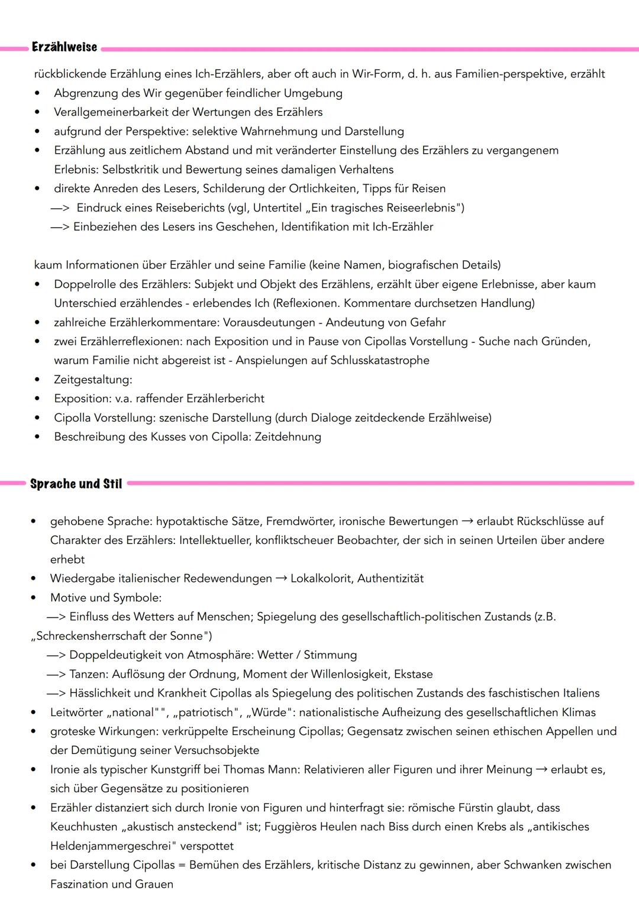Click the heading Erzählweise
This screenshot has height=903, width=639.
(64, 47)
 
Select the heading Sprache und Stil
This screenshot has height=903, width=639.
(76, 484)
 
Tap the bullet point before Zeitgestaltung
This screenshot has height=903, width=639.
(38, 380)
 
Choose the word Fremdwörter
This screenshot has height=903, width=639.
(301, 521)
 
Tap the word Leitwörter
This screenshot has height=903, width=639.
(75, 712)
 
